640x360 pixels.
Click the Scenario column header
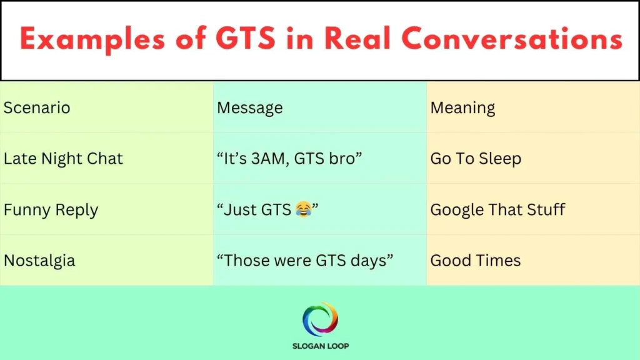[37, 107]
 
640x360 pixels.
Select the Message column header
[249, 107]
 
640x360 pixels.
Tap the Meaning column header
[462, 107]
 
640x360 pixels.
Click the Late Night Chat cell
[63, 159]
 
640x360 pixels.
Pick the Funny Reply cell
[51, 209]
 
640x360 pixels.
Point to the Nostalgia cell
[39, 261]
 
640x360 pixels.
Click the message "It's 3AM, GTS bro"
[289, 159]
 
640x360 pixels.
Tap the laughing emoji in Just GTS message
[303, 210]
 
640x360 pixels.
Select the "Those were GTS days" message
[305, 261]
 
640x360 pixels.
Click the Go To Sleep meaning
[475, 159]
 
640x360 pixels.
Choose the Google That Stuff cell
[497, 209]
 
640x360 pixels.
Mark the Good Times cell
[475, 261]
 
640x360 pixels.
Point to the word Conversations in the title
[512, 39]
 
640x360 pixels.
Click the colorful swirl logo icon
[320, 319]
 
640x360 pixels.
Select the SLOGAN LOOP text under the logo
[320, 346]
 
